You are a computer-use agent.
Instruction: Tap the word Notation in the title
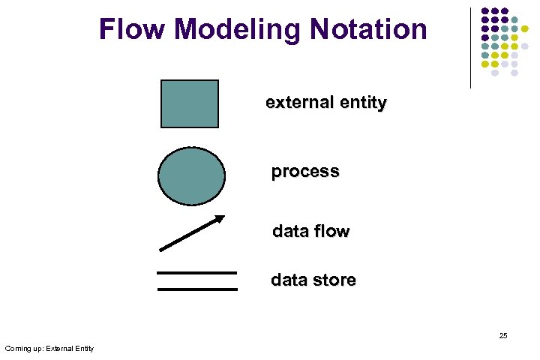pyautogui.click(x=370, y=30)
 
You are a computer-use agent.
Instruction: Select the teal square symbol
pyautogui.click(x=190, y=104)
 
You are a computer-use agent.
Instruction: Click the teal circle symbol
pyautogui.click(x=191, y=176)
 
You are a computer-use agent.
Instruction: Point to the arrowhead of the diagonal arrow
pyautogui.click(x=220, y=219)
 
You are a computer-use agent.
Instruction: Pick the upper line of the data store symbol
pyautogui.click(x=196, y=273)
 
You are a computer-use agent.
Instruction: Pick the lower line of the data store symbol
pyautogui.click(x=196, y=289)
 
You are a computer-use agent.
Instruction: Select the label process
pyautogui.click(x=304, y=172)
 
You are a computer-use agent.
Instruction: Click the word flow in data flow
pyautogui.click(x=331, y=231)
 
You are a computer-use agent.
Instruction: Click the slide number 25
pyautogui.click(x=503, y=335)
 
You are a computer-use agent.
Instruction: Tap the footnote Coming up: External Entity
pyautogui.click(x=49, y=348)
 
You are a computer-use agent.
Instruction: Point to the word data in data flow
pyautogui.click(x=290, y=231)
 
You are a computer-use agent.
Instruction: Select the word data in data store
pyautogui.click(x=289, y=280)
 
